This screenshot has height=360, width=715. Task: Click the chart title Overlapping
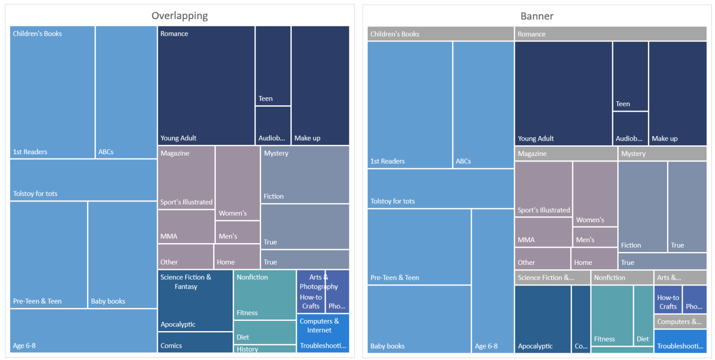click(x=180, y=15)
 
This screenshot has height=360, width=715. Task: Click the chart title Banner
click(x=537, y=16)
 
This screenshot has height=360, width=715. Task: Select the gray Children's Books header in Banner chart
click(x=440, y=34)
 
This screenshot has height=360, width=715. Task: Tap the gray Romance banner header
click(x=610, y=34)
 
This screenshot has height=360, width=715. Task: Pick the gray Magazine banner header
click(x=566, y=154)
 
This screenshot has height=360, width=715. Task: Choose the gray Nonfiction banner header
click(x=622, y=278)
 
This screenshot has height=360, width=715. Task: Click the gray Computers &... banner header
click(x=680, y=321)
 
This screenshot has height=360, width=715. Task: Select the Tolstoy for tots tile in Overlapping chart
click(x=83, y=180)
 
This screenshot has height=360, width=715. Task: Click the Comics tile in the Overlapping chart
click(x=195, y=342)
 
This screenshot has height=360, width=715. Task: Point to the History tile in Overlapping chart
click(x=264, y=349)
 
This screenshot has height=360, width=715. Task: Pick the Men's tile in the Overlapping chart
click(x=237, y=232)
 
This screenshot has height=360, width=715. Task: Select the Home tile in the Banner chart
click(x=594, y=258)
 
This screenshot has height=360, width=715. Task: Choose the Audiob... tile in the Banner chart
click(x=630, y=129)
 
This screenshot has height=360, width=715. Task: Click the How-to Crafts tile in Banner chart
click(x=668, y=299)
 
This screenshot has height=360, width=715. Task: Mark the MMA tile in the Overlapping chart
click(x=186, y=227)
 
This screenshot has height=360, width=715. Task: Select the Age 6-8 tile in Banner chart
click(x=492, y=281)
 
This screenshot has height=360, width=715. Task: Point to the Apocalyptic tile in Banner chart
click(x=543, y=319)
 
